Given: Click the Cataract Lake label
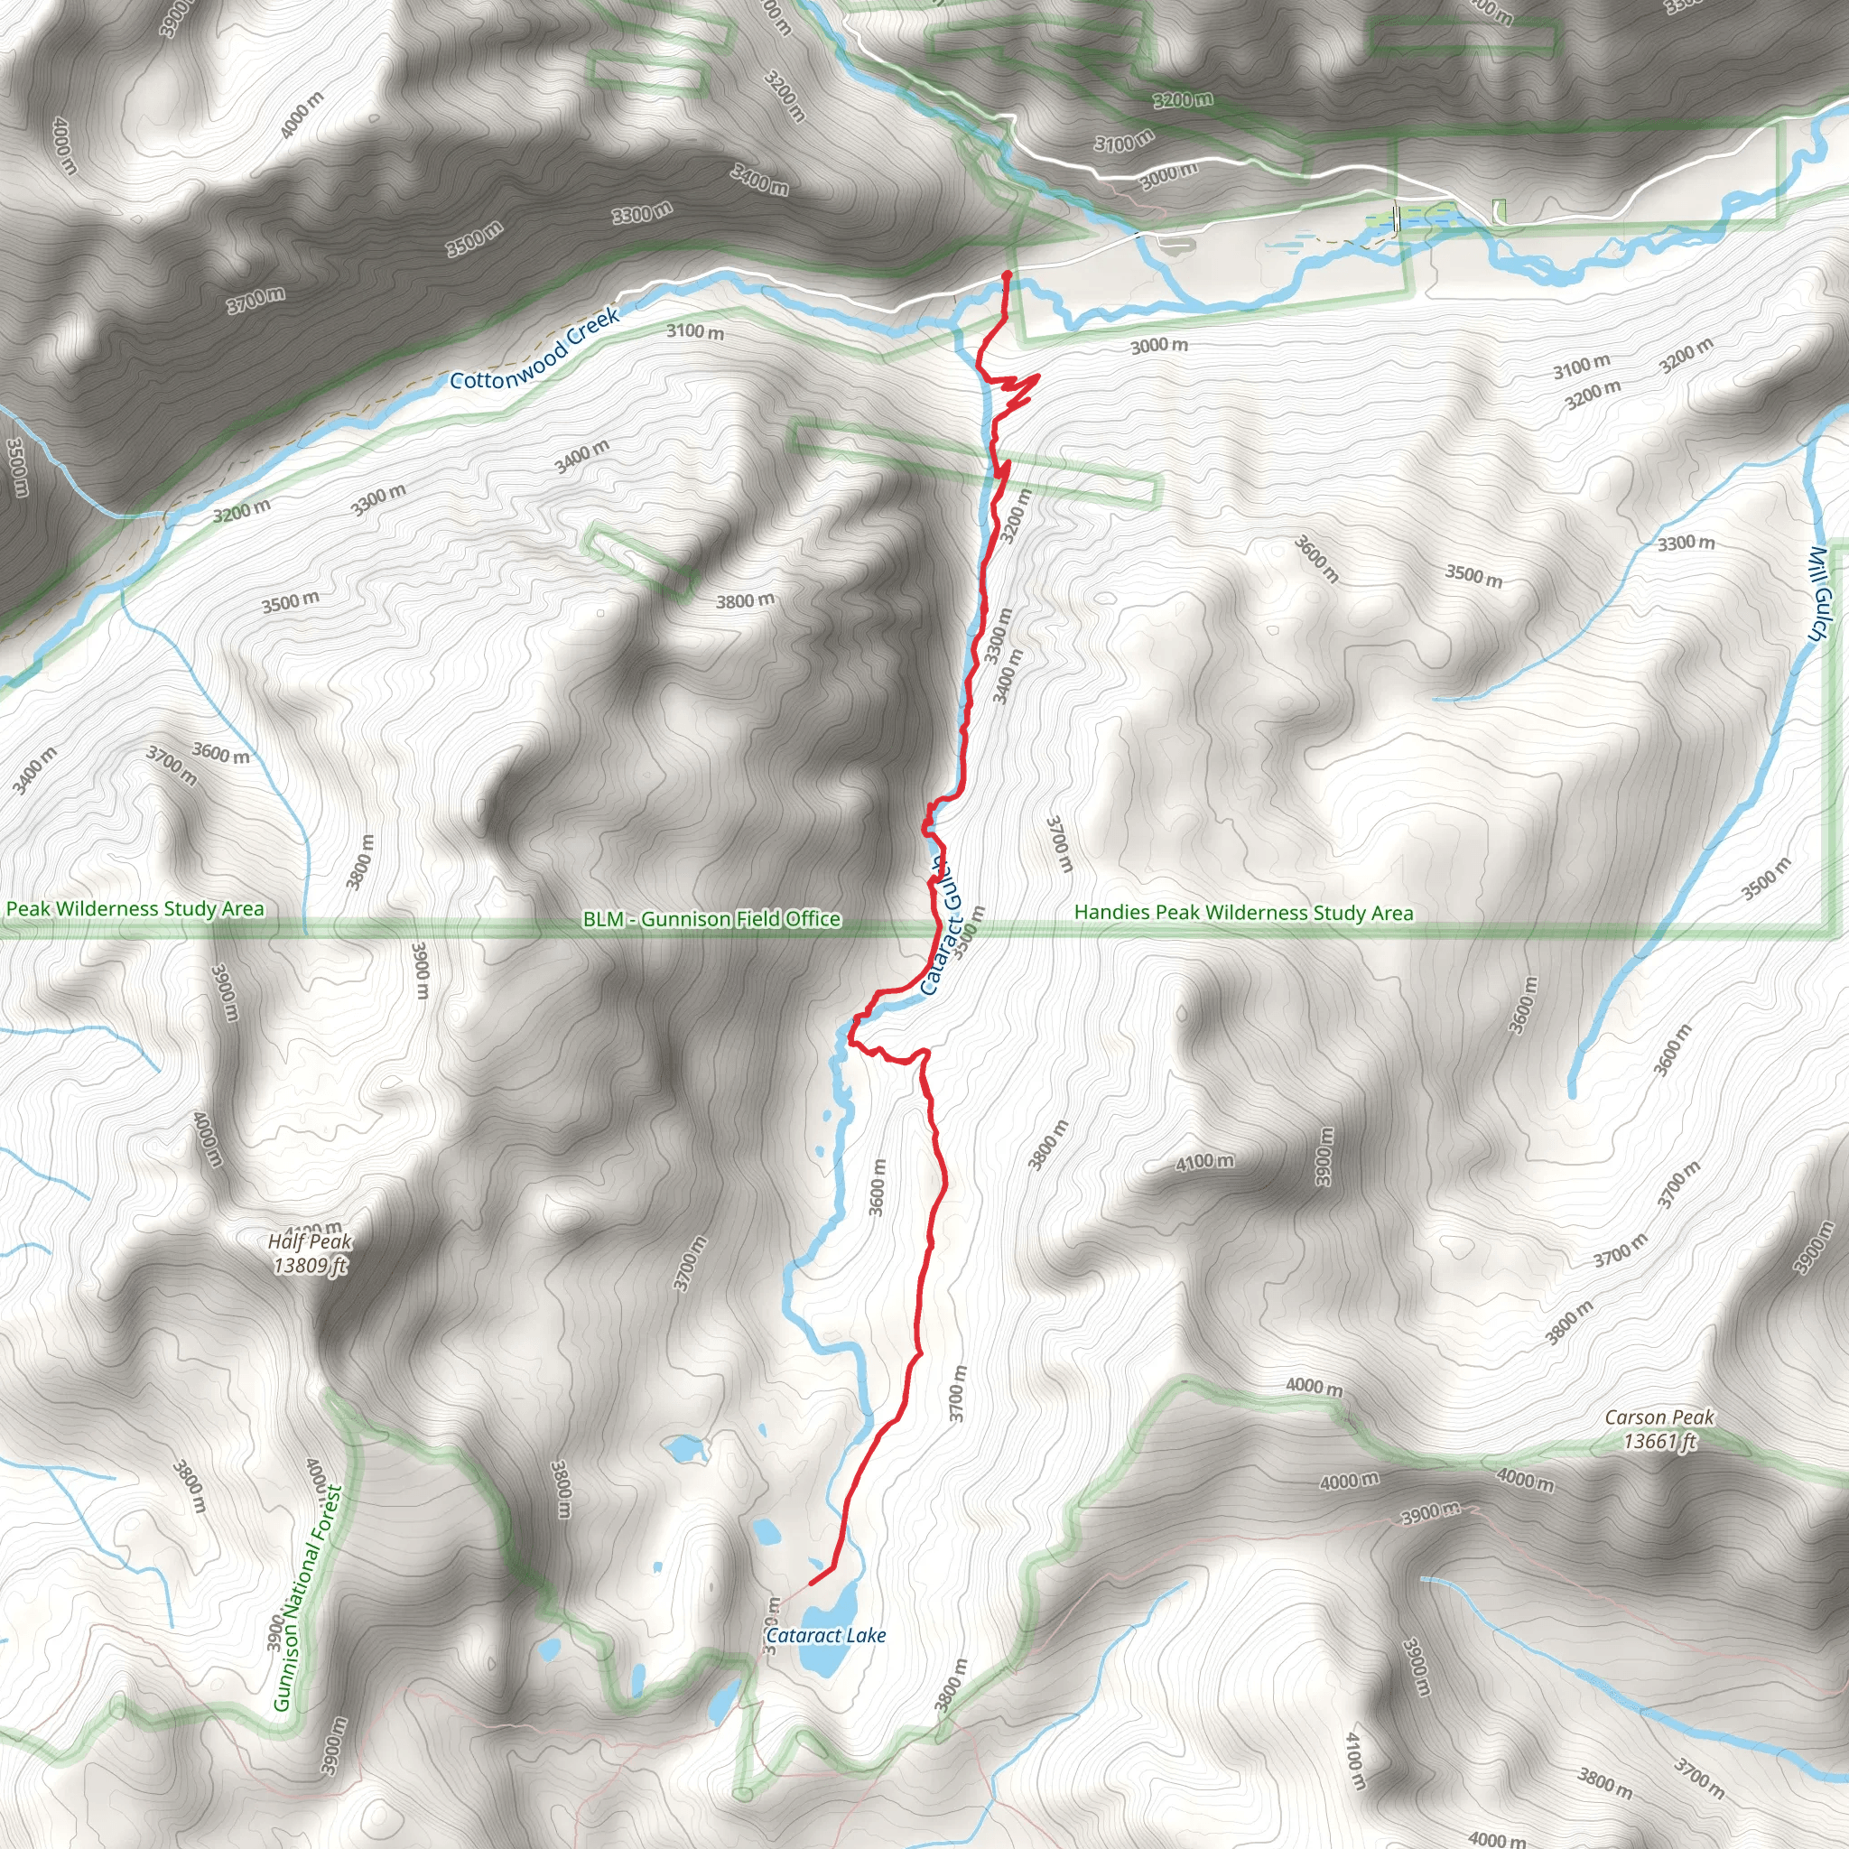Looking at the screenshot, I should [x=826, y=1636].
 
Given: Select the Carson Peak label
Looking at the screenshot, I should [x=1659, y=1417].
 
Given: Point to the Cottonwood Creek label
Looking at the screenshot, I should [x=535, y=348].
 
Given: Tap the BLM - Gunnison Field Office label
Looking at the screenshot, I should [x=711, y=919].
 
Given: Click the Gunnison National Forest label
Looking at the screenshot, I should [x=307, y=1598].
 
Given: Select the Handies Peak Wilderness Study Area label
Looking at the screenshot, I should [x=1243, y=912].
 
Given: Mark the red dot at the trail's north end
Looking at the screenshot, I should [x=1006, y=275].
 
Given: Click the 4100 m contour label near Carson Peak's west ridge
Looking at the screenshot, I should [x=1204, y=1162].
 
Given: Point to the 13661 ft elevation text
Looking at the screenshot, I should [x=1659, y=1440].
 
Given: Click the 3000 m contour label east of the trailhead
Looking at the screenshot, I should [x=1159, y=346].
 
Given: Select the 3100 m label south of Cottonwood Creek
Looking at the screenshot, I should [x=695, y=332].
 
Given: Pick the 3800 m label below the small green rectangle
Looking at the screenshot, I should [x=745, y=601].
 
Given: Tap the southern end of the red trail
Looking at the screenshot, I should [x=812, y=1582].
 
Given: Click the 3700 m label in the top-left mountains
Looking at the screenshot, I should [x=256, y=301].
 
